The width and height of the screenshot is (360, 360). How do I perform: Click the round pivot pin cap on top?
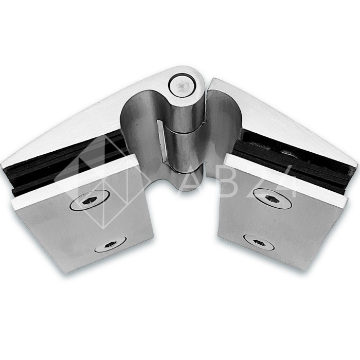pyautogui.click(x=182, y=86)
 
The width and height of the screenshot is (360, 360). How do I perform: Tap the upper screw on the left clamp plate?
pyautogui.click(x=89, y=200)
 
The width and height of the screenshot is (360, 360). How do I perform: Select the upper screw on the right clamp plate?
pyautogui.click(x=272, y=199)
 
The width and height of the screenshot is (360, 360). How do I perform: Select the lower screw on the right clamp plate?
pyautogui.click(x=259, y=242)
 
